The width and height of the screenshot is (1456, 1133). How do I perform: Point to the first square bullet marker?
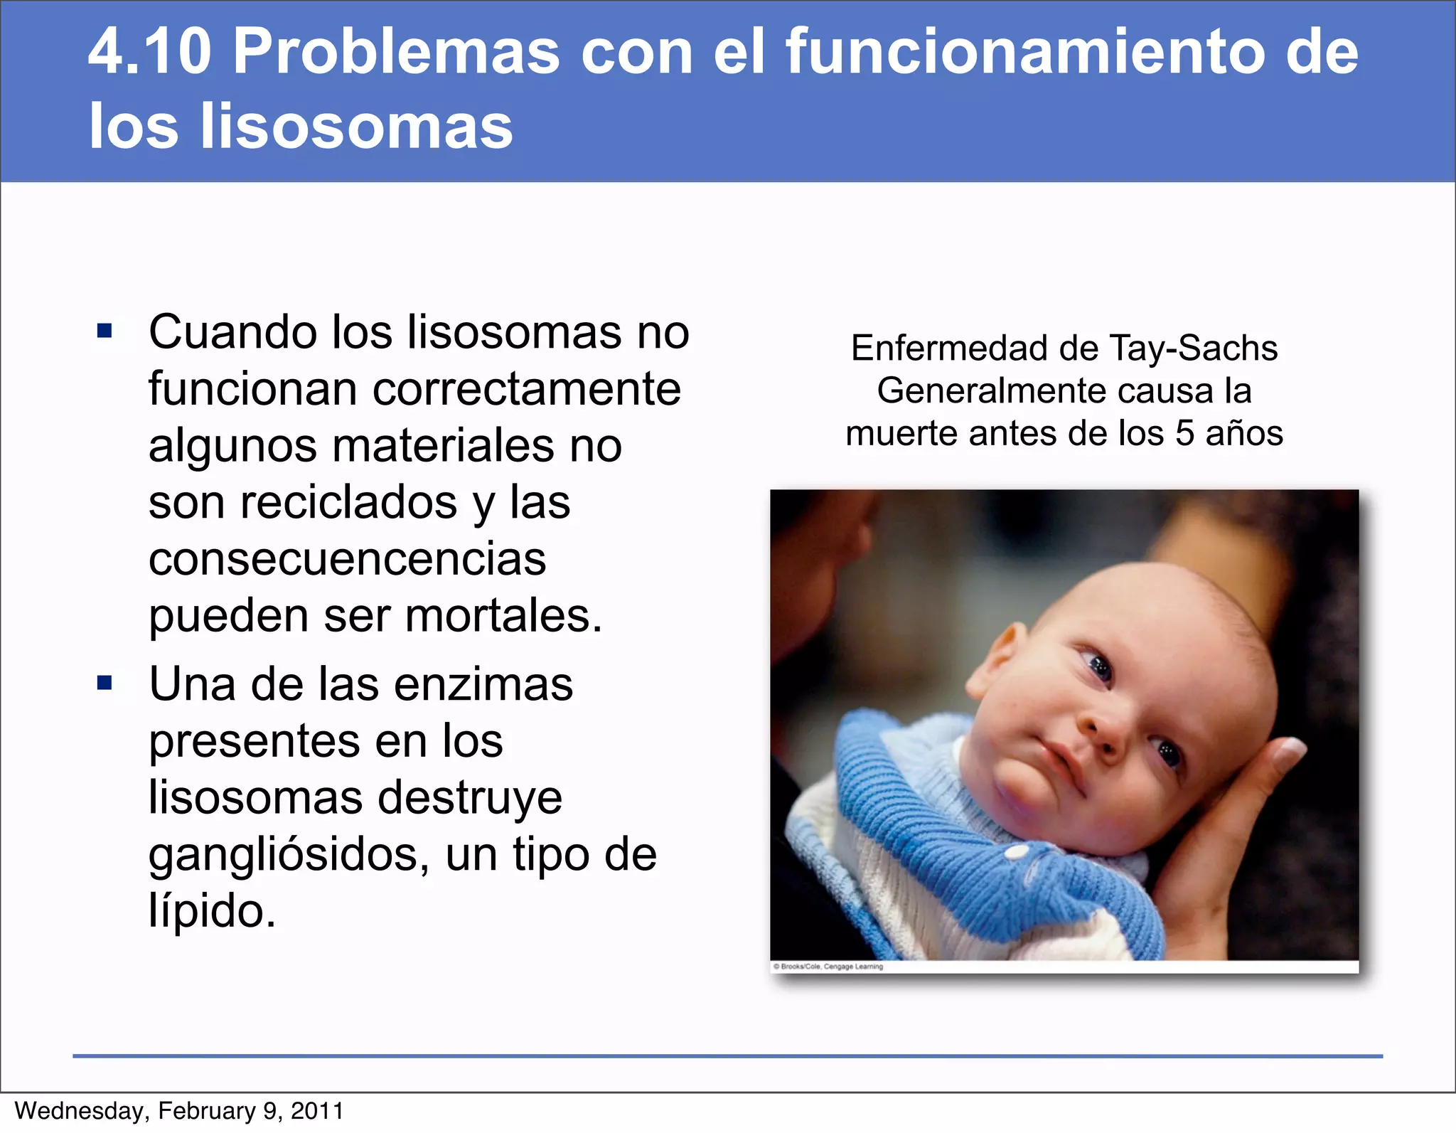(105, 331)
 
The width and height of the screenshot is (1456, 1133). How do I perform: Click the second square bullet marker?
(105, 683)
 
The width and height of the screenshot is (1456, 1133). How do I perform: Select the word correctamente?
(526, 389)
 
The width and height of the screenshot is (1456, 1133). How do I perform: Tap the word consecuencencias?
(347, 559)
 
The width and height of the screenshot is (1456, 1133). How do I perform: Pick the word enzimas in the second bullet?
(483, 684)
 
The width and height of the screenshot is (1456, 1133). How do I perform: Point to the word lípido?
(211, 910)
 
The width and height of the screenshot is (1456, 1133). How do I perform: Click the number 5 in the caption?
(1184, 433)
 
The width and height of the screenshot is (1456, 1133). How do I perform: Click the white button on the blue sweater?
(1018, 851)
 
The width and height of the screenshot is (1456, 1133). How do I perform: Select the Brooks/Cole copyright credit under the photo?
(828, 967)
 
